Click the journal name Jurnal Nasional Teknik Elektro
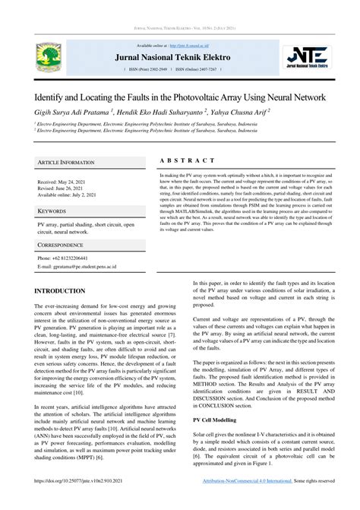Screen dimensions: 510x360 pos(180,57)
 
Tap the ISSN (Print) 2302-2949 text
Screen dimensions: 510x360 pos(150,69)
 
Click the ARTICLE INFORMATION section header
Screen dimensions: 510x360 pos(66,163)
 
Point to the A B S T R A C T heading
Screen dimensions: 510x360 pos(188,161)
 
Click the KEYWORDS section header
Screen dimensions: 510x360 pos(52,211)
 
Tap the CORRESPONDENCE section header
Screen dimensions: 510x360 pos(61,246)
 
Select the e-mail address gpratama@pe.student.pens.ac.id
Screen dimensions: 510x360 pos(80,267)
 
